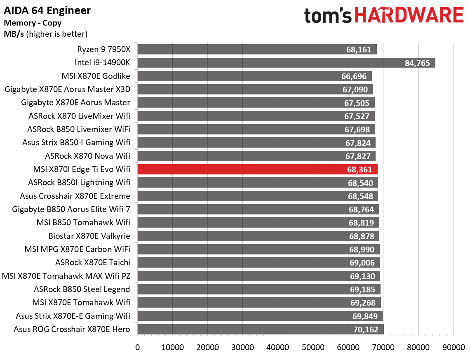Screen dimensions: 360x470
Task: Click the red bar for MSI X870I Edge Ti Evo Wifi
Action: click(257, 169)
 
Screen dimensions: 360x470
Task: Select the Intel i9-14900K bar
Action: click(286, 63)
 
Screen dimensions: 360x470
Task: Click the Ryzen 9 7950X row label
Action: click(103, 49)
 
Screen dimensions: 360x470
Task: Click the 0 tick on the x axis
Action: click(137, 347)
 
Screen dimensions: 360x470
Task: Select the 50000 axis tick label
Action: click(313, 347)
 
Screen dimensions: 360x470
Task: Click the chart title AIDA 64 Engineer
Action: click(47, 10)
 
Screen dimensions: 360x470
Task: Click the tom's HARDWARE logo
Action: click(384, 16)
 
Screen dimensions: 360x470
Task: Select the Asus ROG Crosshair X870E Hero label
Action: click(72, 329)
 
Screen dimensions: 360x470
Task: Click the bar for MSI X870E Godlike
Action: click(254, 76)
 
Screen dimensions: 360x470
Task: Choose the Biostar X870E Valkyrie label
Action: click(89, 236)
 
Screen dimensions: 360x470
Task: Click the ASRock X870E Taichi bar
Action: click(258, 263)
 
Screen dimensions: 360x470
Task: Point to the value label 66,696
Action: click(356, 76)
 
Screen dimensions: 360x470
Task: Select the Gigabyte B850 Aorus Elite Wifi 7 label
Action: click(71, 209)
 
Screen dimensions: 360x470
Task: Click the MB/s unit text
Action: click(14, 34)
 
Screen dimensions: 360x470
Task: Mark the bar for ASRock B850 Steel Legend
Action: click(259, 289)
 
